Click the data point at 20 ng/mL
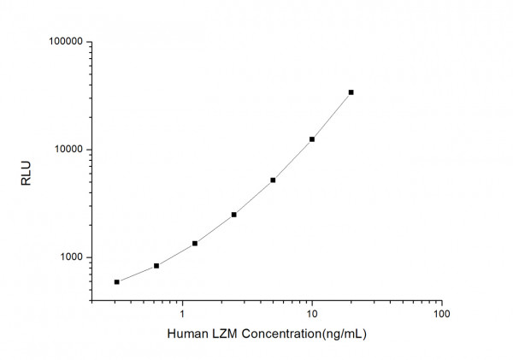tap(351, 92)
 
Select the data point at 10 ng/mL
tap(312, 139)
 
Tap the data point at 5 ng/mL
tap(273, 180)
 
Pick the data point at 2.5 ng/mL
tap(233, 215)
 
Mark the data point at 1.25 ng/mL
tap(195, 244)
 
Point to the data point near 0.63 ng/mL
tap(156, 266)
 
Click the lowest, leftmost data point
tap(117, 282)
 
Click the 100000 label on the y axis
tap(64, 42)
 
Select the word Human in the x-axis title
tap(186, 333)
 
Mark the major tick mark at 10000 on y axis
tap(88, 150)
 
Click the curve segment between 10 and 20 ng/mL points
tap(333, 117)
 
